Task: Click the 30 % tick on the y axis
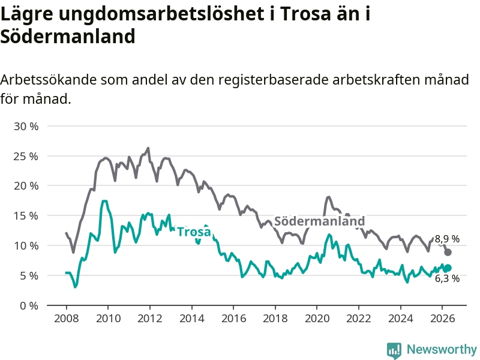point(26,126)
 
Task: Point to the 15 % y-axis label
point(26,216)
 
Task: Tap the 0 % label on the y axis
point(29,306)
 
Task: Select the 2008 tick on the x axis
point(66,319)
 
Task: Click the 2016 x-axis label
point(233,319)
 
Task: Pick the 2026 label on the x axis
point(442,319)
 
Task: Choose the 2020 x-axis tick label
point(317,319)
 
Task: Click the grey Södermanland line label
point(319,221)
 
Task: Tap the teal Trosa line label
point(194,232)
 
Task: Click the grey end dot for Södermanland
point(448,252)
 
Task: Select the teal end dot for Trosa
point(448,268)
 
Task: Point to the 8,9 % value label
point(447,239)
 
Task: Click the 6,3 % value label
point(447,278)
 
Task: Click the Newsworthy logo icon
point(394,350)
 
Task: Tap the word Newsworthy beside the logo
point(442,349)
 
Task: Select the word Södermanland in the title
point(68,37)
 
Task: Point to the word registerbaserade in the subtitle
point(273,80)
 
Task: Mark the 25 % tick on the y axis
point(26,157)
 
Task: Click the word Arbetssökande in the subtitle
point(48,80)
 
